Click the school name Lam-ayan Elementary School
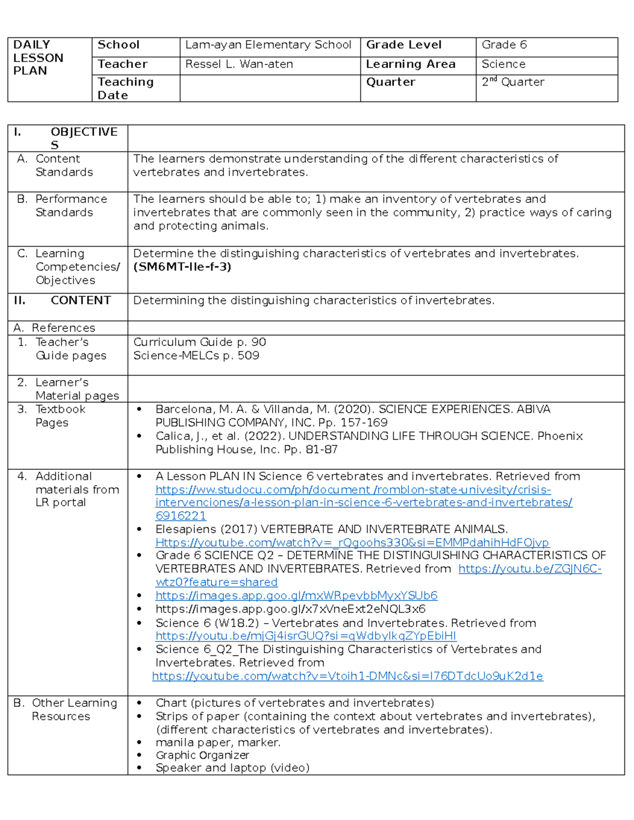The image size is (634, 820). tap(268, 45)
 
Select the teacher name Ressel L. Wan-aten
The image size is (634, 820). tap(239, 64)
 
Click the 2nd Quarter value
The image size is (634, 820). tap(512, 82)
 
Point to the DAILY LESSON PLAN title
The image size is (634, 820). tap(38, 58)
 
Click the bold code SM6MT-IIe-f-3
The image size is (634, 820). tap(182, 267)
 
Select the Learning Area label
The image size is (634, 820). tap(411, 64)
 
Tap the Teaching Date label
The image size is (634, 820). tap(125, 88)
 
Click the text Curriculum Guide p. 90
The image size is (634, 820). tap(199, 342)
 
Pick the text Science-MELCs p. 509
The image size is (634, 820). tap(196, 356)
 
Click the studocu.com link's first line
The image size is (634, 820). tap(353, 490)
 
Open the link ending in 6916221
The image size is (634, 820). tap(181, 516)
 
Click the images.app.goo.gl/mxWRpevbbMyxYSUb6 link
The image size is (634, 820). tap(296, 596)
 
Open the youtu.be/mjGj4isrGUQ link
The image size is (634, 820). tap(306, 636)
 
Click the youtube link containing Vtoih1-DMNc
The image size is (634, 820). tap(347, 676)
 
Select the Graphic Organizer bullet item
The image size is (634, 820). tap(202, 756)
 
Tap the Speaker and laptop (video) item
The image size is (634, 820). tap(232, 768)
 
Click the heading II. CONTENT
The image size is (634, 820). tap(62, 300)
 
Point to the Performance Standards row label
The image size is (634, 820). tap(64, 206)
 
